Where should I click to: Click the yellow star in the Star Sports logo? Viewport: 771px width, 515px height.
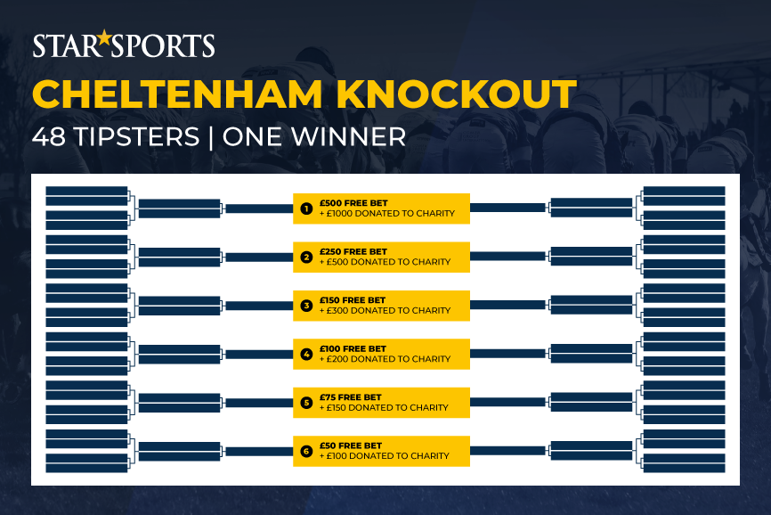click(104, 37)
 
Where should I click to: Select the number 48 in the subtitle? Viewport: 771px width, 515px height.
click(49, 136)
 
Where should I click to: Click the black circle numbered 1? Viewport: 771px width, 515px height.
click(306, 208)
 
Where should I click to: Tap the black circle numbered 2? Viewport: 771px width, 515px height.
click(306, 257)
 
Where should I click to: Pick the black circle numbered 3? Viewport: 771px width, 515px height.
click(306, 306)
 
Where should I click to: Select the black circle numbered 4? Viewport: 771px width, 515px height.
click(306, 354)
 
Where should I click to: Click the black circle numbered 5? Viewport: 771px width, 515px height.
click(306, 403)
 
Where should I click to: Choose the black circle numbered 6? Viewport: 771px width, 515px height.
click(306, 451)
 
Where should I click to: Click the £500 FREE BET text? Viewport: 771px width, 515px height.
click(353, 203)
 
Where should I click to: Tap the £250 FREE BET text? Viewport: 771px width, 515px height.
click(353, 252)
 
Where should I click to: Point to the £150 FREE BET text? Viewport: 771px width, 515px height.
click(353, 300)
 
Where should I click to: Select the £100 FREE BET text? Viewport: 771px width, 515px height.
click(353, 348)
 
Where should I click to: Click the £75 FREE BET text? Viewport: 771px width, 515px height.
click(351, 397)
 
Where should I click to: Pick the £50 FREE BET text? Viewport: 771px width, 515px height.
click(351, 446)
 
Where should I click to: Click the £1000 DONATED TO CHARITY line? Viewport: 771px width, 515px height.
click(387, 214)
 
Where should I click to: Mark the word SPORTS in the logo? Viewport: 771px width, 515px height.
click(163, 45)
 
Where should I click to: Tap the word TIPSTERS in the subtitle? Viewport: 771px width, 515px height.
click(137, 136)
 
